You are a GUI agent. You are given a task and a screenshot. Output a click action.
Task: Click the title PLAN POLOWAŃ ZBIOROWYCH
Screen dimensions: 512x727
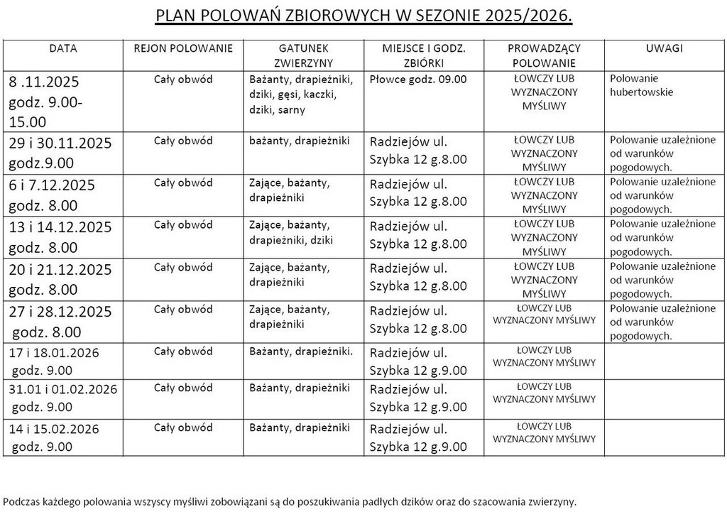(x=363, y=16)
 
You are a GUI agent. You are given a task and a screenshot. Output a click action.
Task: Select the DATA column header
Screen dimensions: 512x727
(x=63, y=48)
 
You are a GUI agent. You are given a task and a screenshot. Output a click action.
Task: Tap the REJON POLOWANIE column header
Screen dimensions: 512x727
(x=183, y=48)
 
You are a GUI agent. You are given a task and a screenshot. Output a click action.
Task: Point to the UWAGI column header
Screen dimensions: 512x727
(x=665, y=48)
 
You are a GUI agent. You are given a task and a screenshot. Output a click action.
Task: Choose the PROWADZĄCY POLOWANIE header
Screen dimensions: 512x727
(x=544, y=55)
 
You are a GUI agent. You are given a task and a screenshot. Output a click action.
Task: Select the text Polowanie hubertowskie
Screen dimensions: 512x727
(x=642, y=85)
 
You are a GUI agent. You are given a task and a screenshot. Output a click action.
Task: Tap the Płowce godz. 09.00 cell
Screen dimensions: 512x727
(x=418, y=79)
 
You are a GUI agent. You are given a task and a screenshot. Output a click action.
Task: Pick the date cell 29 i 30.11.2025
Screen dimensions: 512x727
(x=60, y=152)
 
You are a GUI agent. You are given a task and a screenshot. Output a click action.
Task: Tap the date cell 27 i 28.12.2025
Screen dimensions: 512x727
(x=60, y=321)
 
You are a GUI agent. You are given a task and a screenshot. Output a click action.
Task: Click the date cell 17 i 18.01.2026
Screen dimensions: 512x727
(x=55, y=361)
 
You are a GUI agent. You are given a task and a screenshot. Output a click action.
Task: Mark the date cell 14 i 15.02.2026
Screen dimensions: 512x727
(x=55, y=437)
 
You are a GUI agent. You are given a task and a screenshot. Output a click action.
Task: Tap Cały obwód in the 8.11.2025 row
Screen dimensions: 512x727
(x=183, y=79)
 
